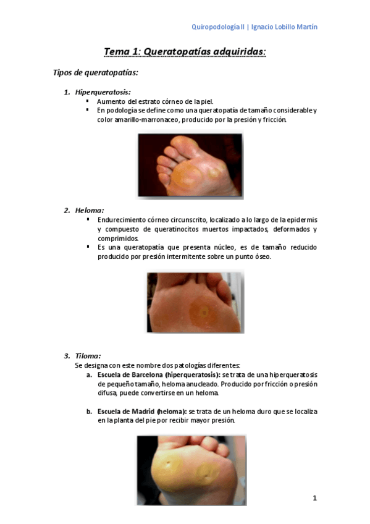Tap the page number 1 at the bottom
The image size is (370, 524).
pos(314,498)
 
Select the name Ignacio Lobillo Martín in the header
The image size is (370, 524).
pos(284,27)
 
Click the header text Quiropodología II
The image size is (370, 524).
pos(218,27)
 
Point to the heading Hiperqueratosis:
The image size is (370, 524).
pos(103,92)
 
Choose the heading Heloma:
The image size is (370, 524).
pos(90,210)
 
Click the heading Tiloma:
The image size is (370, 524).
pos(88,356)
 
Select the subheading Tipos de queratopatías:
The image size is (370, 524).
pos(96,72)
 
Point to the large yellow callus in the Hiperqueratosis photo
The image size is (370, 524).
pos(187,175)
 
